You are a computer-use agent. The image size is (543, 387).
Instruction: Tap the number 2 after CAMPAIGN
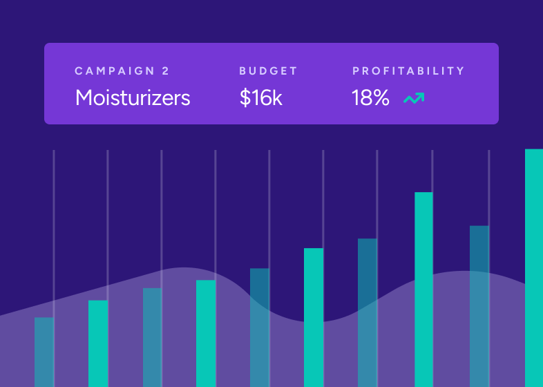click(165, 71)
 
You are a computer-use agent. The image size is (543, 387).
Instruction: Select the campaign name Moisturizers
click(133, 97)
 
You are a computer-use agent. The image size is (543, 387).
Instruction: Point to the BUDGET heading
click(268, 71)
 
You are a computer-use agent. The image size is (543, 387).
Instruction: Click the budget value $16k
click(261, 97)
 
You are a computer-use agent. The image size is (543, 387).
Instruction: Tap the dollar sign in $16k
click(245, 97)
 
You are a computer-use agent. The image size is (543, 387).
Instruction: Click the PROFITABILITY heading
click(408, 71)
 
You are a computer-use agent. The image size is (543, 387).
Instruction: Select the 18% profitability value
click(371, 97)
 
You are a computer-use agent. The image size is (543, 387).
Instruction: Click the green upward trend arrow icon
click(414, 99)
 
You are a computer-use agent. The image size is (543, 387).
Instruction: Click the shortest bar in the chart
click(44, 352)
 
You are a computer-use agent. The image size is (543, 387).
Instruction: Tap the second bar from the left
click(98, 343)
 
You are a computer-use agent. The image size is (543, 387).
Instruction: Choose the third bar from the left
click(152, 337)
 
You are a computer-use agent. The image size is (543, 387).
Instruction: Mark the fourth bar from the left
click(206, 333)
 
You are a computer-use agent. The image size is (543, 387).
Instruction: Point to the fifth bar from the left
click(260, 328)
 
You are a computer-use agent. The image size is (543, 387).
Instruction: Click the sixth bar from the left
click(314, 317)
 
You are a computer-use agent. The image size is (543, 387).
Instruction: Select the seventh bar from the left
click(368, 312)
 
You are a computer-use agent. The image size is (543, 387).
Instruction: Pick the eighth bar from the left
click(423, 290)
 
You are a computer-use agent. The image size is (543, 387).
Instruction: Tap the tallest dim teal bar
click(479, 306)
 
